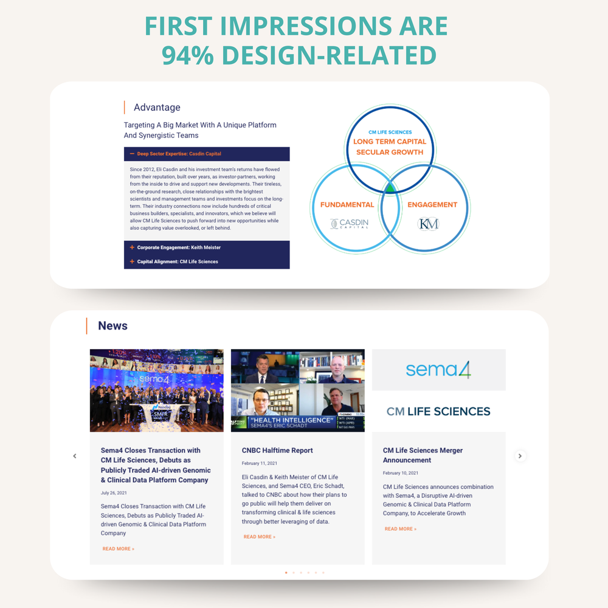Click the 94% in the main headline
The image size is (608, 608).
(187, 55)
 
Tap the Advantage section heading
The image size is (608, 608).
(157, 108)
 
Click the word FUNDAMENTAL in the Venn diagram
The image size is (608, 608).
(347, 205)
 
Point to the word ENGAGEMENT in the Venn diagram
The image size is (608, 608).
(432, 205)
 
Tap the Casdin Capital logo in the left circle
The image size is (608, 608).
(349, 224)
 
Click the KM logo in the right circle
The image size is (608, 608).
(428, 224)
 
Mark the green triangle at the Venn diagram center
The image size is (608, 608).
(390, 188)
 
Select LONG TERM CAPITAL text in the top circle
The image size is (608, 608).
(390, 142)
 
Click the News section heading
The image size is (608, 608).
(112, 326)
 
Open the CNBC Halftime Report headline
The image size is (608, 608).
(277, 451)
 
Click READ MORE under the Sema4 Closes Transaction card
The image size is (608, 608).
(119, 549)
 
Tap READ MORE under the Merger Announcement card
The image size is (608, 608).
(401, 529)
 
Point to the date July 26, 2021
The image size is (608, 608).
(114, 492)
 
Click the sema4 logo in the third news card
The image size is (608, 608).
(438, 370)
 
